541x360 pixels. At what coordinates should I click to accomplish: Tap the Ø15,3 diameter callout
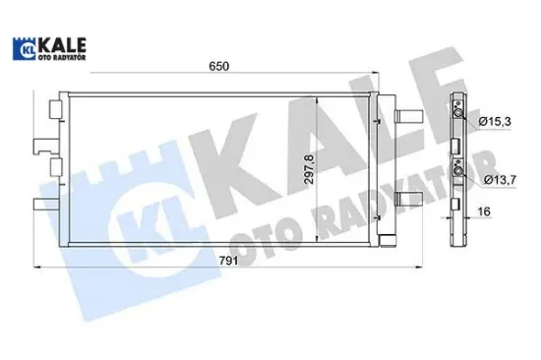pos(495,120)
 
